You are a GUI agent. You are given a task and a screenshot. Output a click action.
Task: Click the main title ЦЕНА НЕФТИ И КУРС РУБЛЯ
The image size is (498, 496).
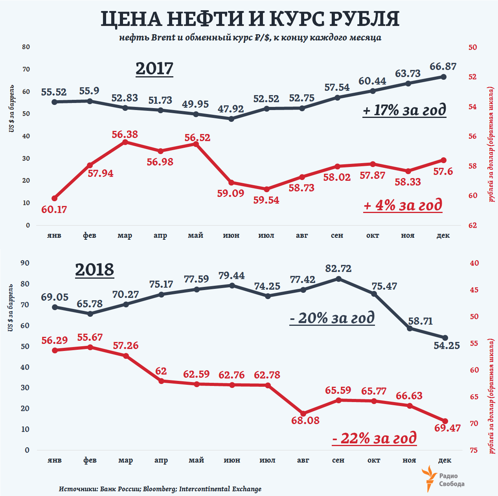point(250,19)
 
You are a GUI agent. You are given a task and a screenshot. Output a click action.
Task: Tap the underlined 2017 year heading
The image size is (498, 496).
point(154,69)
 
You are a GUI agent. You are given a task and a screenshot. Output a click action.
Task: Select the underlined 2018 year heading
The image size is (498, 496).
point(94,270)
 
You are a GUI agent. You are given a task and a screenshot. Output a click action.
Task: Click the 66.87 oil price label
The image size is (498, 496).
point(443,66)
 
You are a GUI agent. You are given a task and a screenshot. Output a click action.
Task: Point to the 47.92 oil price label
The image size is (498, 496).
point(231,108)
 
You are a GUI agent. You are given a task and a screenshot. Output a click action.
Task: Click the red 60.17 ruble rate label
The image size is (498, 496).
point(54,209)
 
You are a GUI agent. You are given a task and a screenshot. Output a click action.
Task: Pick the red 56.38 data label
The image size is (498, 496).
point(125,134)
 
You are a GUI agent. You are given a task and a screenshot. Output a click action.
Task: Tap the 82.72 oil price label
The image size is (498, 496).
point(338,268)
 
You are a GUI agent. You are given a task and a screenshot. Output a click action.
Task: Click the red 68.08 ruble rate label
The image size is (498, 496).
point(305,421)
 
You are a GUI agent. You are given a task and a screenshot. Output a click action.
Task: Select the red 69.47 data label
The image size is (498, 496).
point(447,428)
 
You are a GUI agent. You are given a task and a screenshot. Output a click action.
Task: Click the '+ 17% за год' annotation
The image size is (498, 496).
point(404,110)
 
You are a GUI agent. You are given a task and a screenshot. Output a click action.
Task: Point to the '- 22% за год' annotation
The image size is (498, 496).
point(374,438)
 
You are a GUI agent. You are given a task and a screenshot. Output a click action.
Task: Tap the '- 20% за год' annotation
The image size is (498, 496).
point(332,318)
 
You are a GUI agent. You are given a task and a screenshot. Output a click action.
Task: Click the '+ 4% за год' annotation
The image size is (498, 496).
point(403,205)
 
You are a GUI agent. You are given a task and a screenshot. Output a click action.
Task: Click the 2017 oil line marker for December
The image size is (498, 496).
point(444,77)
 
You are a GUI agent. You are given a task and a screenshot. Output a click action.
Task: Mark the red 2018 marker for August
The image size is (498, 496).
point(303,414)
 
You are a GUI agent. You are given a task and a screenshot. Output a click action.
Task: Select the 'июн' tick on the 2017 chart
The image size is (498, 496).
point(231,235)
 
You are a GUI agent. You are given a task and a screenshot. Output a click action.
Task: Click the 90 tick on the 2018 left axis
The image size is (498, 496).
point(25,263)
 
